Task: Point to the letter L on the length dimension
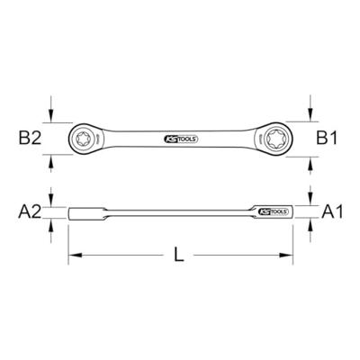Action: pos(179,256)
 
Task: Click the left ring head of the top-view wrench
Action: pos(84,139)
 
